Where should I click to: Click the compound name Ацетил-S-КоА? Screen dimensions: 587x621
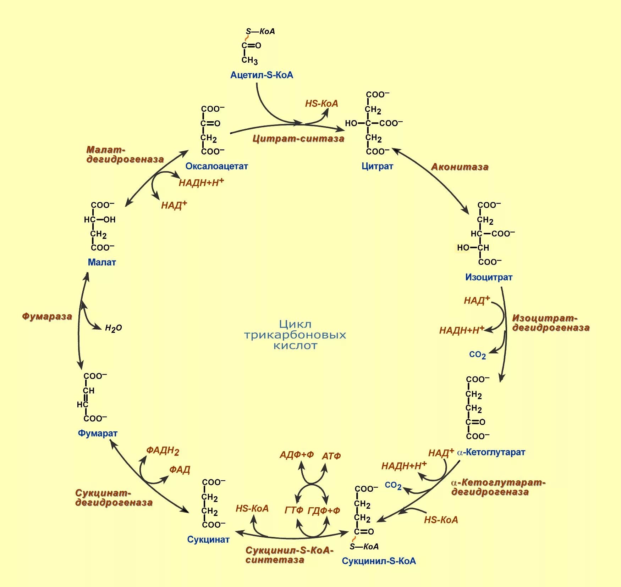pyautogui.click(x=262, y=75)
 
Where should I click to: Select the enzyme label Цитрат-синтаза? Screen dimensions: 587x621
pyautogui.click(x=298, y=139)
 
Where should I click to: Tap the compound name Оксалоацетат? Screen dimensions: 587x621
pyautogui.click(x=216, y=166)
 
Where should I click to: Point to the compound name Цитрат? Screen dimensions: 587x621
pyautogui.click(x=377, y=166)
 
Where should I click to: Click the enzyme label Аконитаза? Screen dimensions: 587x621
pyautogui.click(x=460, y=167)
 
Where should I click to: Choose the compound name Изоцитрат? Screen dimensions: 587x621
pyautogui.click(x=489, y=277)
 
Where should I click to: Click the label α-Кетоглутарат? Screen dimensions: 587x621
pyautogui.click(x=491, y=452)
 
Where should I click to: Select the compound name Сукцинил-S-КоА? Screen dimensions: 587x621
pyautogui.click(x=379, y=561)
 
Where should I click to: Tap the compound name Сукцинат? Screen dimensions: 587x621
pyautogui.click(x=208, y=540)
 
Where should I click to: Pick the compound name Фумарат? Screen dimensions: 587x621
pyautogui.click(x=98, y=433)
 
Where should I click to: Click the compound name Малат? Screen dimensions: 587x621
pyautogui.click(x=102, y=262)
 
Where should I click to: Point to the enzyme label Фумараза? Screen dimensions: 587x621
pyautogui.click(x=47, y=317)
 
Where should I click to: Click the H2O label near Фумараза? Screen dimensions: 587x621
pyautogui.click(x=113, y=328)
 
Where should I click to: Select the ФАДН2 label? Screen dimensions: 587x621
pyautogui.click(x=163, y=451)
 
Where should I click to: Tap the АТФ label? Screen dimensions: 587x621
pyautogui.click(x=331, y=456)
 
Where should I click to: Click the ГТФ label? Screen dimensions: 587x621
pyautogui.click(x=294, y=510)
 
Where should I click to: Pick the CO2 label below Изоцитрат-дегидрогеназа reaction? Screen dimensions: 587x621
pyautogui.click(x=477, y=355)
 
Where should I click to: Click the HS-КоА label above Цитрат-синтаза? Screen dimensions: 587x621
pyautogui.click(x=322, y=104)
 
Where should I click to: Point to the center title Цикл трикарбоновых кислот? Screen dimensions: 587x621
pyautogui.click(x=295, y=335)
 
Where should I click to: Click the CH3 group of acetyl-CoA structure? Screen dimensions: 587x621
pyautogui.click(x=249, y=60)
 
